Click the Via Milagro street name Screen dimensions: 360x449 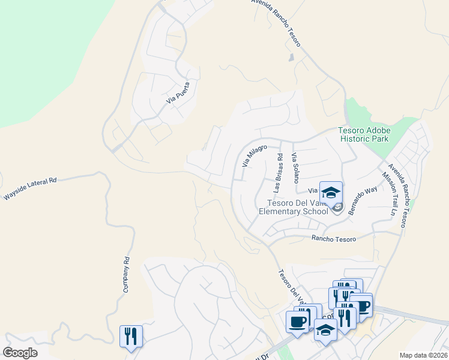tap(254, 155)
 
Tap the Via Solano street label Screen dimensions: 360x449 tap(294, 168)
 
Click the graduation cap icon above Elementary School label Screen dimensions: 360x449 tap(330, 193)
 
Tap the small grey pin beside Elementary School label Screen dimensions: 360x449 tap(337, 208)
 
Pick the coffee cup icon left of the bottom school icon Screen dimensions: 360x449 tap(297, 322)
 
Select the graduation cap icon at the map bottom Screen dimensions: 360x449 tap(326, 331)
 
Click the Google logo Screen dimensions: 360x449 tap(20, 352)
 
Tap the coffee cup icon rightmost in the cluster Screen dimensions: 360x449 tap(361, 305)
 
